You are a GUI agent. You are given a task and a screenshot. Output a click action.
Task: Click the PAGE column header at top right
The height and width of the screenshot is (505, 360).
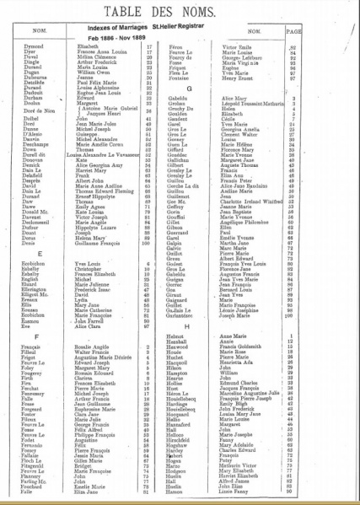click(x=338, y=35)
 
